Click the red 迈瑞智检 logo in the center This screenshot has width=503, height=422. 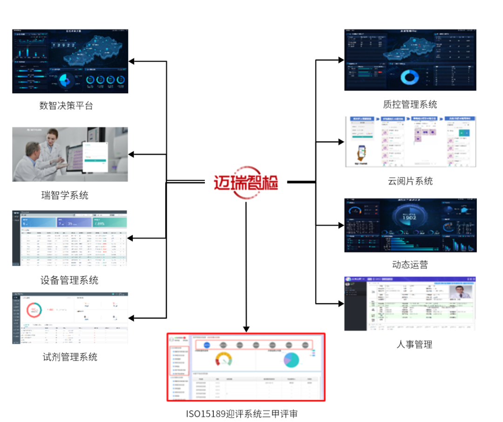coord(246,182)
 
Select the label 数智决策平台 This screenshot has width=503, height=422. coord(66,106)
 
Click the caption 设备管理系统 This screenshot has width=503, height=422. coord(69,280)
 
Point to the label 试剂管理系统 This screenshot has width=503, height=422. coord(70,357)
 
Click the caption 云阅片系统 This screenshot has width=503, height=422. coord(410,181)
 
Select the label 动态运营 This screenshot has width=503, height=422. coord(410,265)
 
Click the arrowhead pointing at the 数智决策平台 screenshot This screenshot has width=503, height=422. coord(132,61)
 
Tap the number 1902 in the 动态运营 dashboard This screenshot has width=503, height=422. coord(410,217)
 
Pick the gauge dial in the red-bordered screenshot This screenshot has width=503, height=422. coord(224,360)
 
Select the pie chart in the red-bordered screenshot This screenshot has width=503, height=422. coord(291,360)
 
